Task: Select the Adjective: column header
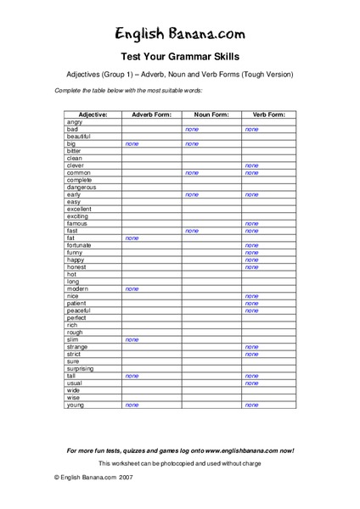point(93,115)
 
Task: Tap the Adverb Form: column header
point(151,115)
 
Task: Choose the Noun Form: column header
point(211,115)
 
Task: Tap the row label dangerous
point(82,187)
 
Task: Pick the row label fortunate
point(80,245)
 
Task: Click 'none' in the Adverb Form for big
point(132,144)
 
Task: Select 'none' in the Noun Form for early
point(191,194)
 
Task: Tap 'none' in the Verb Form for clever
point(251,165)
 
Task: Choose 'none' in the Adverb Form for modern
point(132,289)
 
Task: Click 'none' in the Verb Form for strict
point(251,355)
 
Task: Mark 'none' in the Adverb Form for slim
point(132,339)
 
